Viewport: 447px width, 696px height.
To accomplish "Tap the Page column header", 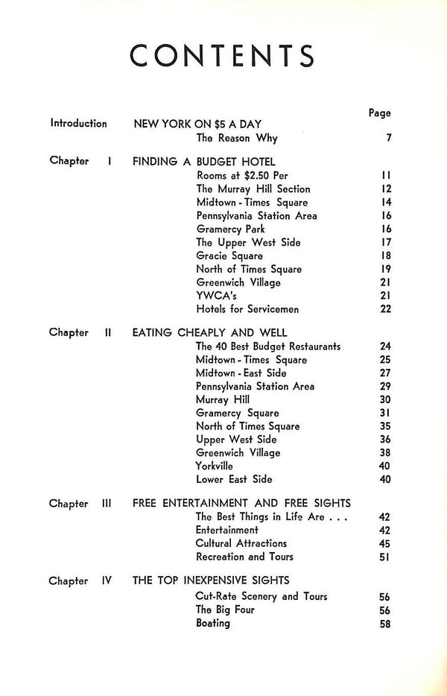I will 379,113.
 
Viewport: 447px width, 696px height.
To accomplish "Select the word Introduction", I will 78,124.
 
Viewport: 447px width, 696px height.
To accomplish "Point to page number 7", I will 388,138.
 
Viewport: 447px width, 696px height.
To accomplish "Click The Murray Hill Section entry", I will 253,189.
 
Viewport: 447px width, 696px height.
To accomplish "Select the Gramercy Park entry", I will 230,230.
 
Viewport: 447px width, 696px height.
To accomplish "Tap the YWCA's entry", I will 215,297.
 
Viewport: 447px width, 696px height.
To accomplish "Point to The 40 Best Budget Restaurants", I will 267,346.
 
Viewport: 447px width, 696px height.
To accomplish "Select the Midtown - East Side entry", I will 241,373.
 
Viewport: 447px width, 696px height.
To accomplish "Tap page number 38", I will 384,453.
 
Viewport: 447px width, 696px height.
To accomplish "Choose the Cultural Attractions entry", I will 241,543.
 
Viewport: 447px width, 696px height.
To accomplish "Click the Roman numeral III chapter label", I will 106,503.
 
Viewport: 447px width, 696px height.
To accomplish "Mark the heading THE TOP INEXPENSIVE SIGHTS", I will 211,580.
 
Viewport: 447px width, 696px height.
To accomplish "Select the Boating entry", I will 213,623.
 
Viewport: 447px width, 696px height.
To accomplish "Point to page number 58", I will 384,623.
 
